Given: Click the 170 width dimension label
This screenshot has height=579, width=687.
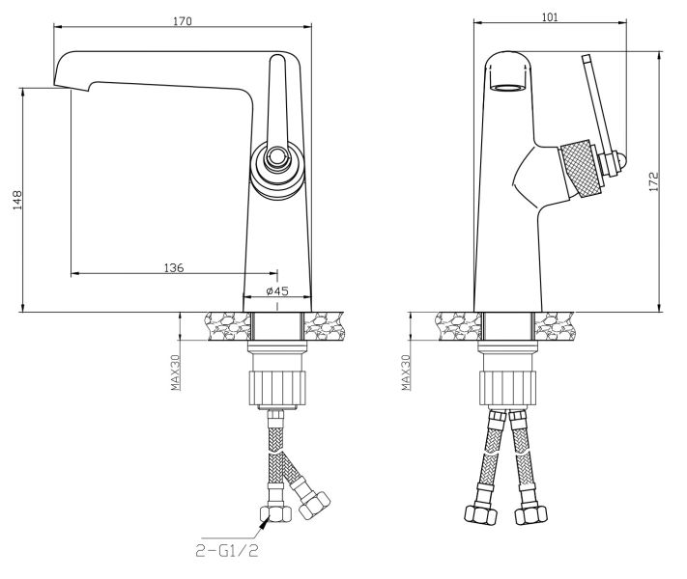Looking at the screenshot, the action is click(183, 20).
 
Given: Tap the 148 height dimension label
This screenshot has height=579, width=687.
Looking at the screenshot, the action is click(16, 200).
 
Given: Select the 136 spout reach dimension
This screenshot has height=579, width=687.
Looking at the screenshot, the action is click(174, 267).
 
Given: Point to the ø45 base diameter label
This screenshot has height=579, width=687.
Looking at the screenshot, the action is click(277, 290).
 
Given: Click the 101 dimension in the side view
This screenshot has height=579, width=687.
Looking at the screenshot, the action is click(550, 16).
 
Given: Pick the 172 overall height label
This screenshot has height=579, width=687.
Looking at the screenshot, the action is click(653, 181).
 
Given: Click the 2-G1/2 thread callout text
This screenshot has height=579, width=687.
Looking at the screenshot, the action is click(226, 551).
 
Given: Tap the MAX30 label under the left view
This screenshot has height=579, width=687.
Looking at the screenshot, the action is click(176, 372).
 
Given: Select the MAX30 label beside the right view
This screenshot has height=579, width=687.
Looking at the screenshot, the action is click(406, 372).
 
